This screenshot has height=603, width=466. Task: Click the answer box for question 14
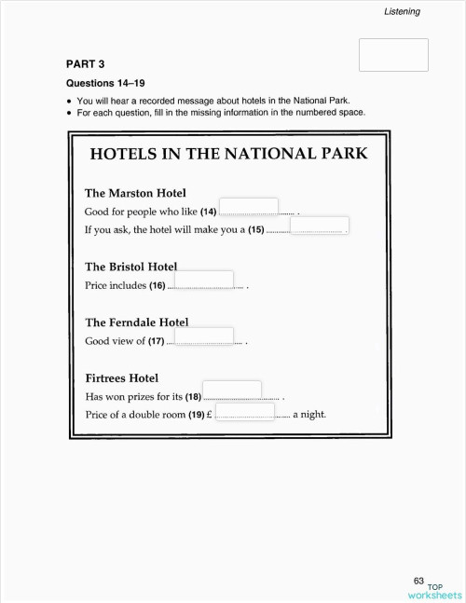pyautogui.click(x=248, y=206)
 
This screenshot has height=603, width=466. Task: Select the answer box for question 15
pyautogui.click(x=320, y=226)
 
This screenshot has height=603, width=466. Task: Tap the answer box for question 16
pyautogui.click(x=203, y=280)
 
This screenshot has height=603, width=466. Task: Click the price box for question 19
pyautogui.click(x=245, y=412)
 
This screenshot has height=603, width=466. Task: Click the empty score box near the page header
pyautogui.click(x=393, y=55)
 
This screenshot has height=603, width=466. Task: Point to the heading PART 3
pyautogui.click(x=85, y=64)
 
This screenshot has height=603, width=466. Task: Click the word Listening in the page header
pyautogui.click(x=402, y=12)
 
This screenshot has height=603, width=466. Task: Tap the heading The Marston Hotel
pyautogui.click(x=135, y=193)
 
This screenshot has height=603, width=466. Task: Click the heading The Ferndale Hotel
pyautogui.click(x=136, y=322)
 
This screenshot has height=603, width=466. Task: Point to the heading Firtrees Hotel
pyautogui.click(x=121, y=377)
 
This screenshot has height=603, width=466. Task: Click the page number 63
pyautogui.click(x=418, y=581)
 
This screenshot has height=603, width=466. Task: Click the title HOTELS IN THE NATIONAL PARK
pyautogui.click(x=228, y=154)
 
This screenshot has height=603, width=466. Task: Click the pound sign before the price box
pyautogui.click(x=211, y=415)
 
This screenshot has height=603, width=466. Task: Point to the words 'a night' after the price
pyautogui.click(x=308, y=415)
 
